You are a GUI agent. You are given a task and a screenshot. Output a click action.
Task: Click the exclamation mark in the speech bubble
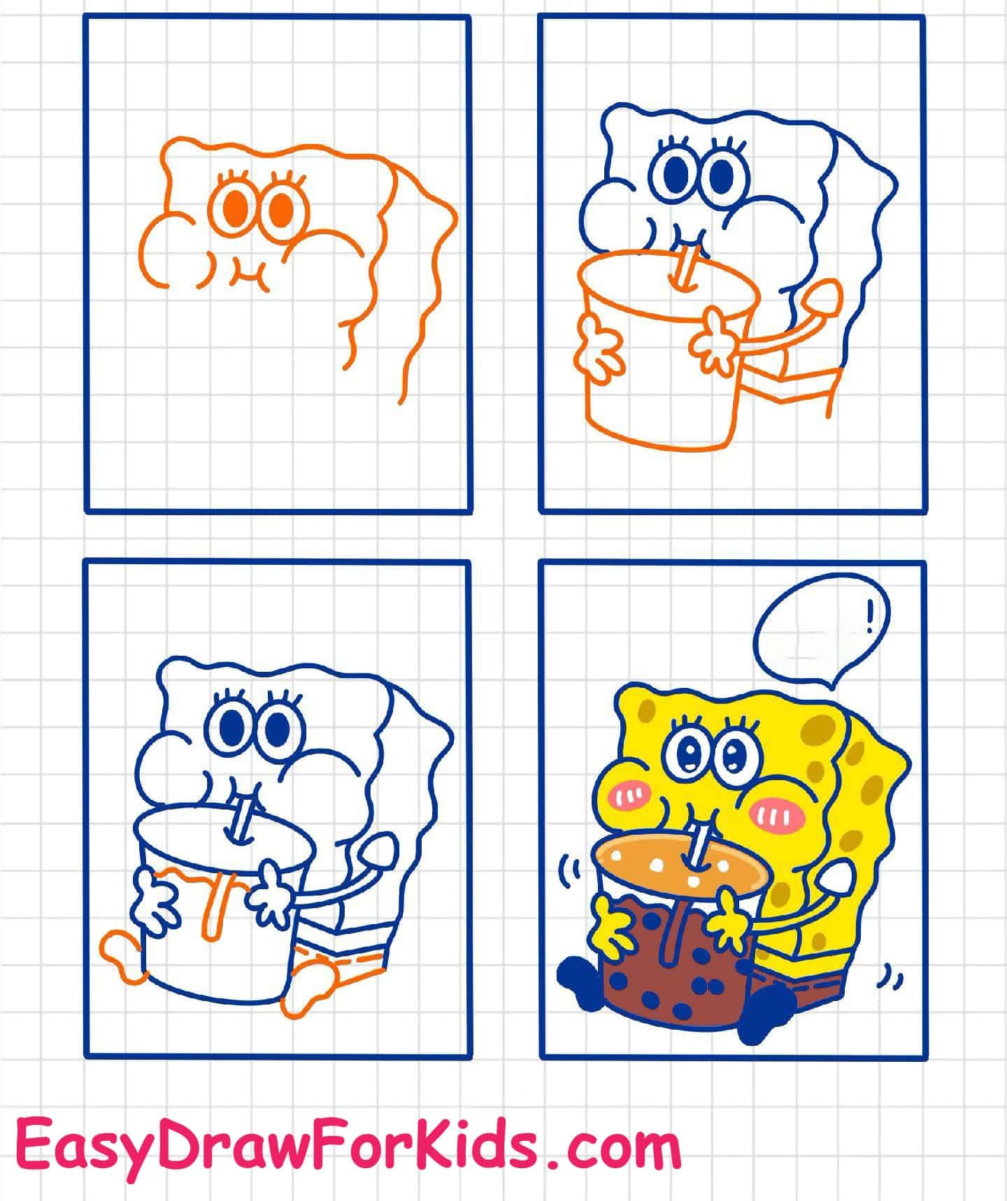[869, 613]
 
